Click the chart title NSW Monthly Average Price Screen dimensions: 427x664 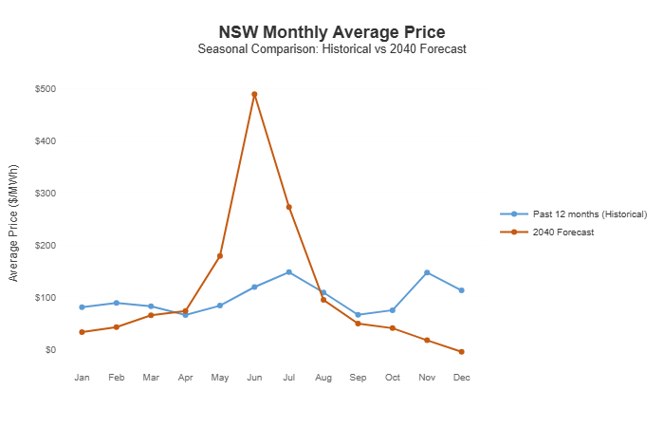331,33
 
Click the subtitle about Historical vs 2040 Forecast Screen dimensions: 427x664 331,49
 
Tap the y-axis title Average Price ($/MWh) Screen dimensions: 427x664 13,220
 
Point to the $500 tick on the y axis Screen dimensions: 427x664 45,89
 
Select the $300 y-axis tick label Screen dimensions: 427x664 45,194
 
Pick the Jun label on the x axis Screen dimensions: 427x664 254,378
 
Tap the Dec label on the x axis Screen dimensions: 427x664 461,378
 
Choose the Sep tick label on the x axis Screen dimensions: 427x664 358,378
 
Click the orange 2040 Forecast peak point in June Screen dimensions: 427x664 254,94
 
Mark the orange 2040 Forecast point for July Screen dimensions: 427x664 288,207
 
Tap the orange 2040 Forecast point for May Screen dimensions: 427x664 220,256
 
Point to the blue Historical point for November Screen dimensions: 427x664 427,272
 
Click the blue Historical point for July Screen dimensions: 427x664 288,272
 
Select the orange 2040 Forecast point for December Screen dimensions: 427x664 461,352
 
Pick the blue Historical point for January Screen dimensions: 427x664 83,307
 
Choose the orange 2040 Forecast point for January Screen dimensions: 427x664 83,332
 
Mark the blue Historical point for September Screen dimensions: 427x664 358,315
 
